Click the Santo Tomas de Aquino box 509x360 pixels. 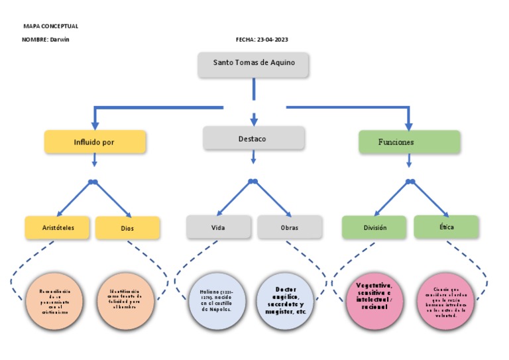tap(254, 64)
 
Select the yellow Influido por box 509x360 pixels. tap(94, 142)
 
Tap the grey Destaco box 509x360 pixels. tap(253, 139)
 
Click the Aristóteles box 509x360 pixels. tap(58, 227)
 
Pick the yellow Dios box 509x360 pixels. tap(127, 228)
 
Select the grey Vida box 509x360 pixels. tap(218, 227)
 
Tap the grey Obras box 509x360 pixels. tap(290, 227)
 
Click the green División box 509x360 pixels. tap(375, 227)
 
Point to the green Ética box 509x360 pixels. tap(446, 227)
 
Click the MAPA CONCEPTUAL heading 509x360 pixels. tap(50, 27)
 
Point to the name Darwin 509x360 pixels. tap(60, 40)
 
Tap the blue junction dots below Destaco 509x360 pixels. tap(253, 181)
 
